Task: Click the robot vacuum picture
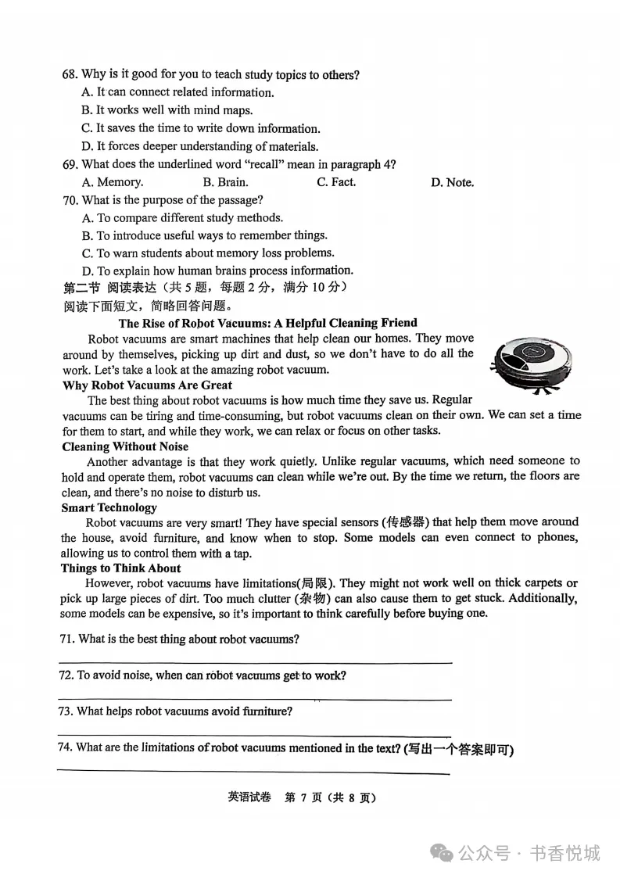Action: pyautogui.click(x=531, y=363)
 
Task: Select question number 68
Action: pyautogui.click(x=70, y=75)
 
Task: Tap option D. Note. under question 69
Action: pyautogui.click(x=452, y=182)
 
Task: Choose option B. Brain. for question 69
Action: pyautogui.click(x=225, y=182)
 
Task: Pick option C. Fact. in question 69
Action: pyautogui.click(x=336, y=182)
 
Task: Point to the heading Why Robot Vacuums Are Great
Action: pyautogui.click(x=147, y=385)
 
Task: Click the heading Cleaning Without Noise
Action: pyautogui.click(x=125, y=446)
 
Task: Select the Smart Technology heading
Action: pyautogui.click(x=109, y=507)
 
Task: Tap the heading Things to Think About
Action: pyautogui.click(x=120, y=568)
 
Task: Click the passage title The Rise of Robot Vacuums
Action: pyautogui.click(x=267, y=323)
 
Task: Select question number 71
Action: pyautogui.click(x=67, y=640)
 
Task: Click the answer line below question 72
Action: pyautogui.click(x=255, y=699)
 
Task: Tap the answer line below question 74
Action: pyautogui.click(x=255, y=772)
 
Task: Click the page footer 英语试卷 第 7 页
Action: pyautogui.click(x=302, y=797)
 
